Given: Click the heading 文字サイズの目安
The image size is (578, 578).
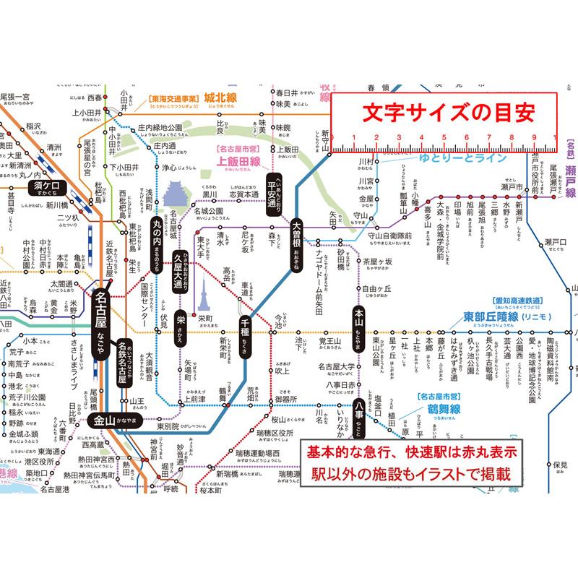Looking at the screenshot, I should pos(444,113).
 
